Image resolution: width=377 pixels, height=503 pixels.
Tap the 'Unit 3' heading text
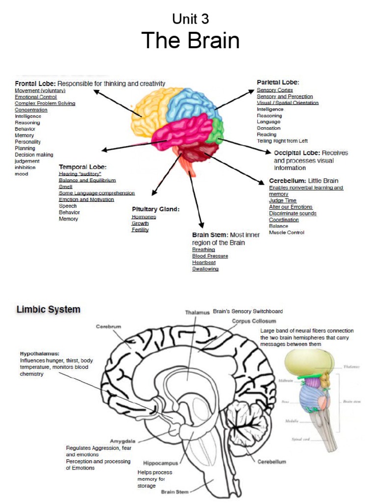click(x=190, y=19)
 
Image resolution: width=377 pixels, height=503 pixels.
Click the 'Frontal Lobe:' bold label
click(x=35, y=84)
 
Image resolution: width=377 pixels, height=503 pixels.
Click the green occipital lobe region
click(x=215, y=131)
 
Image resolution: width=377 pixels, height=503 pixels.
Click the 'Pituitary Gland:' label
click(x=156, y=209)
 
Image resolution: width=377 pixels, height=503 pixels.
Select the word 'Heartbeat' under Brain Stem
click(x=204, y=262)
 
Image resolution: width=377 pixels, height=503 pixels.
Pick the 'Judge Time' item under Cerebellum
click(x=283, y=200)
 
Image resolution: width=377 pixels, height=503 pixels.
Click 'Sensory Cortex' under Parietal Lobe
click(x=275, y=90)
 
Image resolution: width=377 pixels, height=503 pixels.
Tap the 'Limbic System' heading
click(x=48, y=309)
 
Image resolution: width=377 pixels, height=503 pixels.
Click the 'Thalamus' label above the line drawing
click(x=197, y=312)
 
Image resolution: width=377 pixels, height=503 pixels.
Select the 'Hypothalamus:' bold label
click(x=40, y=353)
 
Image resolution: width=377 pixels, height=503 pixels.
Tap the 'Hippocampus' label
click(x=160, y=463)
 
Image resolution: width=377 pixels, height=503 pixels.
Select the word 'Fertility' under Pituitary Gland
click(x=140, y=229)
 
